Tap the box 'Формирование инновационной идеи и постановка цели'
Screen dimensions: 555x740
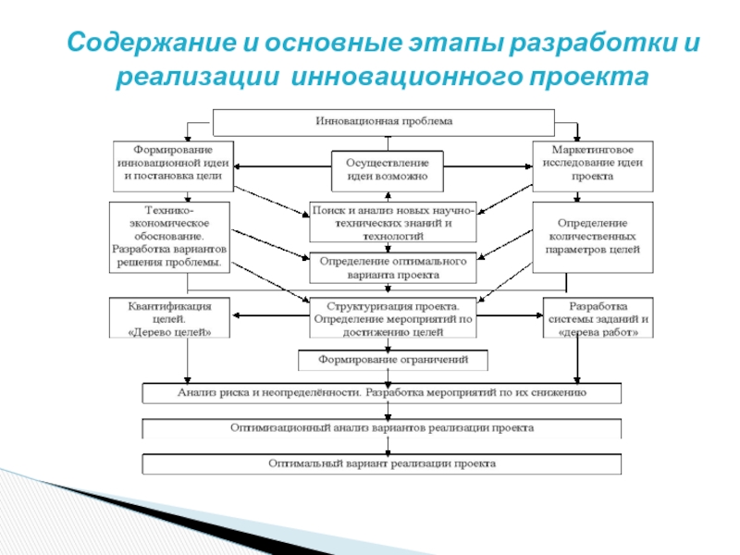(172, 162)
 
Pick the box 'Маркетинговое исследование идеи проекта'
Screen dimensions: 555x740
(593, 162)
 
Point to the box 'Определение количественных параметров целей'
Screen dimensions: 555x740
(593, 236)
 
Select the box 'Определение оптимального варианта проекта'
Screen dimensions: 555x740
(392, 268)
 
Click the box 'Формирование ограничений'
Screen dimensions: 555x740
(392, 359)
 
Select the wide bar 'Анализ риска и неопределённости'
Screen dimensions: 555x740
(382, 392)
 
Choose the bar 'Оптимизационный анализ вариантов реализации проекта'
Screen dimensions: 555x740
(382, 428)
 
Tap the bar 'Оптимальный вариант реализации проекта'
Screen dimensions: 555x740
(382, 462)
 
